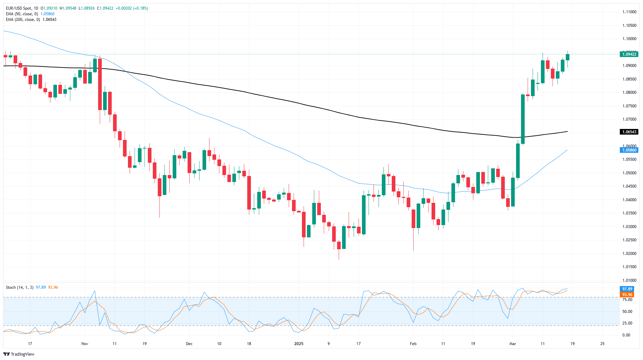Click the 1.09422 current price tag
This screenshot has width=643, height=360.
coord(629,54)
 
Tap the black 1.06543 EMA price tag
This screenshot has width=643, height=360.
coord(629,132)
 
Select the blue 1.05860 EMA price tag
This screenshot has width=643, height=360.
coord(629,150)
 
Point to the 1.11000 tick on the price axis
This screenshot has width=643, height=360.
coord(629,12)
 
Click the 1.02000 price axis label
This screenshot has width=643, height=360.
coord(629,254)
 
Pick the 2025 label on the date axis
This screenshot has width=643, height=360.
coord(299,344)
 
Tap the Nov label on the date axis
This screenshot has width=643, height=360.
coord(85,344)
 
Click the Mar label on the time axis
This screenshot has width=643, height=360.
coord(512,344)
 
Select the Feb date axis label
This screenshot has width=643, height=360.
coord(413,344)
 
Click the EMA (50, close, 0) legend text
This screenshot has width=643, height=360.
coord(22,14)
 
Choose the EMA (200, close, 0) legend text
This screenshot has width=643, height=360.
coord(23,20)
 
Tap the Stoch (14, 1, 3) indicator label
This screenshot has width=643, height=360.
coord(20,287)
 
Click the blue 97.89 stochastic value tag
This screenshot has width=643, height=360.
coord(627,289)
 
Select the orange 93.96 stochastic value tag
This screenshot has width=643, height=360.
coord(627,295)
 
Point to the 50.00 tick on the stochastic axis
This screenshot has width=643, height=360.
coord(627,312)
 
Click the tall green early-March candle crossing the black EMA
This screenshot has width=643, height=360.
coord(523,119)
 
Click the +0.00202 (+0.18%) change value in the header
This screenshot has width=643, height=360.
coord(132,8)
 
